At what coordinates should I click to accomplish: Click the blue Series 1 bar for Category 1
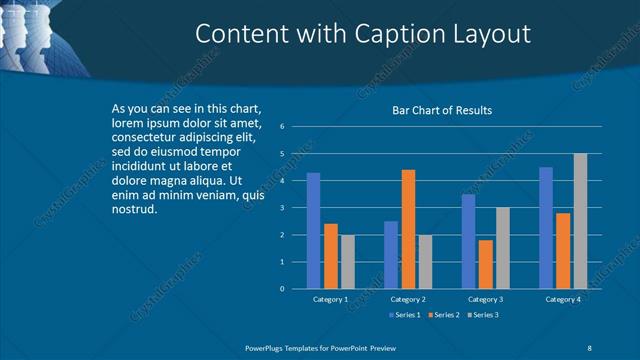coord(313,231)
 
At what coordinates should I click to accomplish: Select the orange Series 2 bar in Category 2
coord(408,229)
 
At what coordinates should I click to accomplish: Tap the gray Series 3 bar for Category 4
coord(580,221)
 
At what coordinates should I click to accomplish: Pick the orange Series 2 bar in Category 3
coord(486,264)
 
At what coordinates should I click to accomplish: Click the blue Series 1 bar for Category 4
coord(546,228)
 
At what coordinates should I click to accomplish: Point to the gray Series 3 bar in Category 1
coord(347,262)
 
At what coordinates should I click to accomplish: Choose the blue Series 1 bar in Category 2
coord(391,255)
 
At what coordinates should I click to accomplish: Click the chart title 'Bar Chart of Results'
coord(441,110)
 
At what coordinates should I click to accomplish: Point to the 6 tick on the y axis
coord(283,127)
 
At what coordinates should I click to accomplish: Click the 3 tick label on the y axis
coord(283,208)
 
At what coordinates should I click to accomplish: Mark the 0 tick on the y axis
coord(283,289)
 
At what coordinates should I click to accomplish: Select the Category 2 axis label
coord(408,299)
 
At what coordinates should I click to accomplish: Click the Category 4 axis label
coord(563,299)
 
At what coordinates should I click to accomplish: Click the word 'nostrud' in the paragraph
coord(134,210)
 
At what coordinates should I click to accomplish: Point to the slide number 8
coord(590,347)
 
